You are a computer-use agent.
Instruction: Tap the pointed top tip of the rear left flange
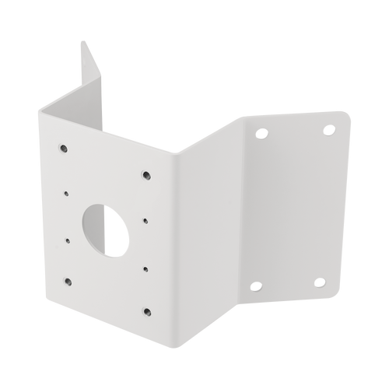coord(80,41)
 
